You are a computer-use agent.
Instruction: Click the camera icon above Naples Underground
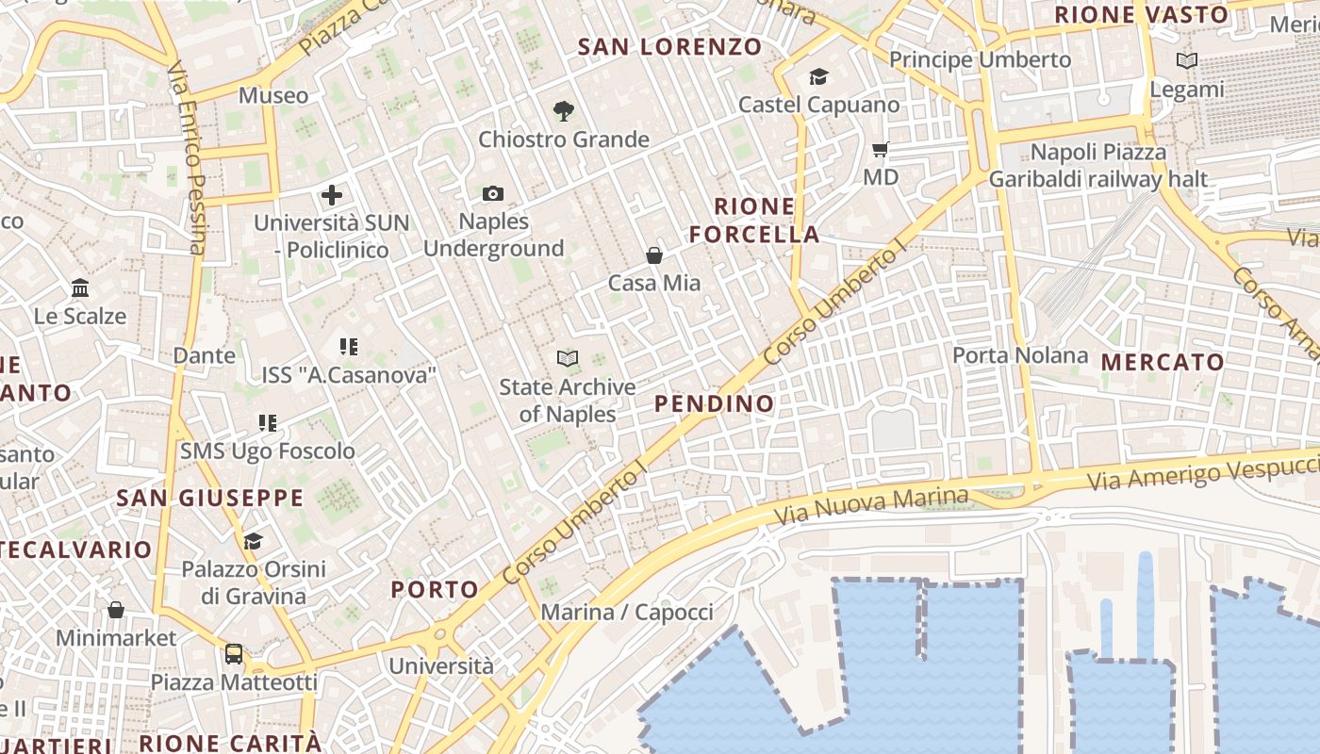[492, 194]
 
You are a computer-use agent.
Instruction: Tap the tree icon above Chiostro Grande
[564, 111]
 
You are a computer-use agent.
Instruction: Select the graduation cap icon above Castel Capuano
[818, 76]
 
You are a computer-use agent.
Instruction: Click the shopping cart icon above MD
[881, 149]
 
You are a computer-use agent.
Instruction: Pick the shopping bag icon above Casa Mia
[654, 254]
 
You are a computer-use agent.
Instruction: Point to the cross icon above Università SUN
[332, 195]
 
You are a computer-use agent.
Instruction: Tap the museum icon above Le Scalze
[80, 287]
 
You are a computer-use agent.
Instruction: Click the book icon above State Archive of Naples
[567, 358]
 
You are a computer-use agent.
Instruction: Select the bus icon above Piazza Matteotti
[234, 653]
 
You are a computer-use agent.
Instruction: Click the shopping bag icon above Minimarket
[116, 610]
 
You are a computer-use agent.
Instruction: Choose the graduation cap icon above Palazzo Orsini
[253, 541]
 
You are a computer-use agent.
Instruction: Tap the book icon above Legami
[1187, 61]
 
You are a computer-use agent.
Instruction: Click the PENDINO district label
[714, 403]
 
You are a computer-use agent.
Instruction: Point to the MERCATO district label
[1163, 362]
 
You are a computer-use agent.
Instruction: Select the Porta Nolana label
[1020, 355]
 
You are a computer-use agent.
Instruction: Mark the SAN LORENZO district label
[669, 46]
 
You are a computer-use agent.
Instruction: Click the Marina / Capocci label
[627, 612]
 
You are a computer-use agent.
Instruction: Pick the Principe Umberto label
[981, 59]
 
